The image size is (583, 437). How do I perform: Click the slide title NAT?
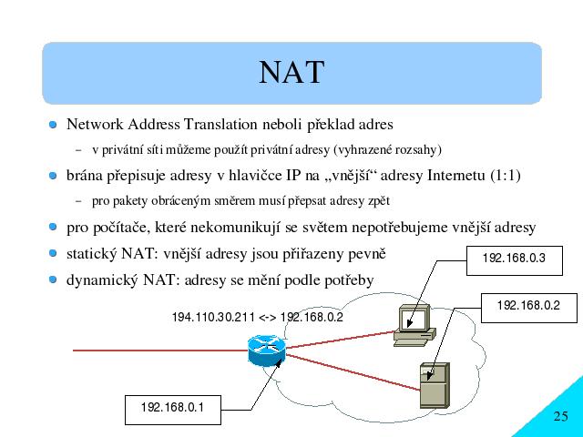pos(291,72)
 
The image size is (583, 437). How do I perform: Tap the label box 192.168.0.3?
pos(514,260)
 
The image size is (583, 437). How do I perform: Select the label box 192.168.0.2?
pos(529,308)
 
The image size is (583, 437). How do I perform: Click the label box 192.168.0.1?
pos(173,410)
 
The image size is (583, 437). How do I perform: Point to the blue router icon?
pos(267,351)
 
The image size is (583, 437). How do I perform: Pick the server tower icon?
pos(435,386)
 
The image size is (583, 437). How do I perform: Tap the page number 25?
pos(561,416)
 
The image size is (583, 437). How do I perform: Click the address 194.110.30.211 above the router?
pos(213,318)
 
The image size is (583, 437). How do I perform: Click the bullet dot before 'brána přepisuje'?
pos(53,176)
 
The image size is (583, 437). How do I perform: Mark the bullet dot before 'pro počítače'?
pos(53,227)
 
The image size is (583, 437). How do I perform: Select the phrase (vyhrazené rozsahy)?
pos(387,149)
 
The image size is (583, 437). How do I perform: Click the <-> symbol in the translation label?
pos(267,318)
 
